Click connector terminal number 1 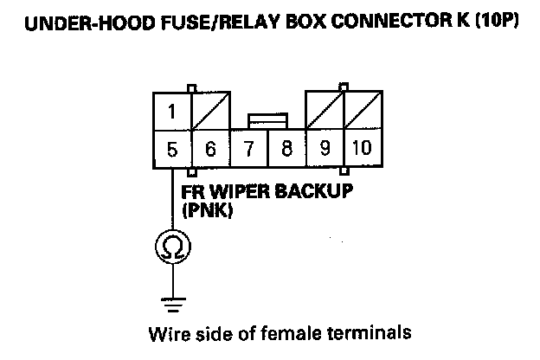click(172, 111)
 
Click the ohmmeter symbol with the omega click(173, 248)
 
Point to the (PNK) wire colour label click(204, 209)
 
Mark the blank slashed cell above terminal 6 click(210, 111)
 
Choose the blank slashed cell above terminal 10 click(362, 111)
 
